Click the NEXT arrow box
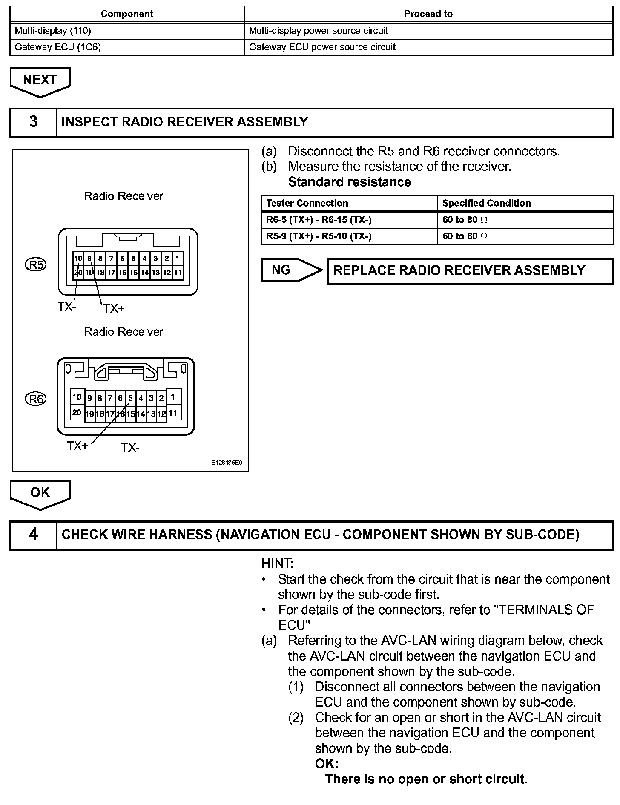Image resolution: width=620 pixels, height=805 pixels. coord(40,80)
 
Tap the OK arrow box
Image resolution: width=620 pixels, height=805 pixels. coord(40,493)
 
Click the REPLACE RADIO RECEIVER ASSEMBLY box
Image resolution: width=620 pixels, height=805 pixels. coord(470,271)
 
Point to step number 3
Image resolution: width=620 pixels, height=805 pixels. coord(33,122)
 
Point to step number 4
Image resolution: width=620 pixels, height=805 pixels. coord(33,535)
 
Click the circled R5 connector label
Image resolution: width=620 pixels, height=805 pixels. coord(36,265)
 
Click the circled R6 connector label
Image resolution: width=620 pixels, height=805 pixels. coord(36,399)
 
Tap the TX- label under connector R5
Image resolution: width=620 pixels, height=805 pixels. coord(66,307)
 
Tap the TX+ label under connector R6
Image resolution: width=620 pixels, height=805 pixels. coord(77,446)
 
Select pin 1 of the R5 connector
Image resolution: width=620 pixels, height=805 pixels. coord(178,259)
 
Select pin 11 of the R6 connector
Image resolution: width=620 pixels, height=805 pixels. coord(173,413)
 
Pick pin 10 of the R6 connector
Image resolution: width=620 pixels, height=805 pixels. coord(77,397)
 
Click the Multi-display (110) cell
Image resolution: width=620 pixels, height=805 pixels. coord(53,31)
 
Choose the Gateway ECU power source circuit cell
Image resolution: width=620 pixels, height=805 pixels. coord(322,47)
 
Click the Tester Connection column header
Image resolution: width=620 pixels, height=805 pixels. coord(307,203)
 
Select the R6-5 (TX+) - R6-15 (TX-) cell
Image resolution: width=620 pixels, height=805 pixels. coord(319,220)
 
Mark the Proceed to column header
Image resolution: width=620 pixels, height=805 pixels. coord(428,14)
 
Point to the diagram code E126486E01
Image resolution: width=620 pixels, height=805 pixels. coord(228,463)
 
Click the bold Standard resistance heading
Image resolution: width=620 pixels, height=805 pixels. coord(350,182)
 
